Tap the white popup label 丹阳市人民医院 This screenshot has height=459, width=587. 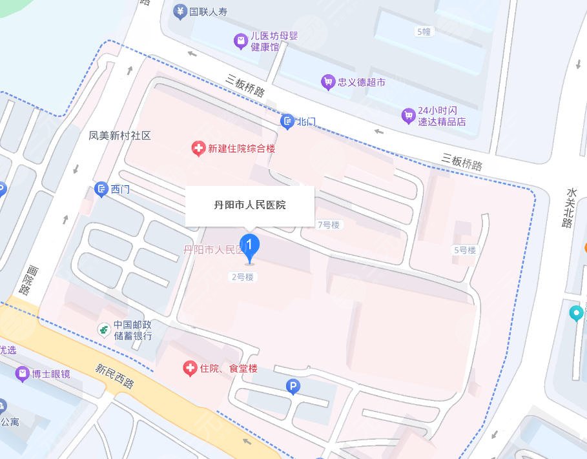coord(250,205)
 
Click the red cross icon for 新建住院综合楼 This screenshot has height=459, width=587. coord(199,149)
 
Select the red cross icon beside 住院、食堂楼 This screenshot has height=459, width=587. coord(190,369)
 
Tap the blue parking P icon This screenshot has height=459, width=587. coord(293,387)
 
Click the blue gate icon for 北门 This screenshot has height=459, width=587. coord(287,121)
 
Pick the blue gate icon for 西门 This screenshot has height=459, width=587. coord(101,189)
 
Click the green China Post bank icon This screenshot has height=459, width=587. coord(103,330)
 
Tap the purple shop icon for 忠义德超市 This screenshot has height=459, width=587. coord(328,82)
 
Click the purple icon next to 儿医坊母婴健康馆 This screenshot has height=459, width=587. coord(240,42)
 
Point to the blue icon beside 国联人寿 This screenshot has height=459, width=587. coord(180,12)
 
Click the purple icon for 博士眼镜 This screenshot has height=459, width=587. coord(23,374)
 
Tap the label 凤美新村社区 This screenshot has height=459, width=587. coord(119,136)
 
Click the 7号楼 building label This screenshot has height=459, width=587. coord(328,225)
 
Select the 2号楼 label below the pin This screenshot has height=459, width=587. coord(243,277)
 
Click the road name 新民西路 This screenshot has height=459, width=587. coord(114,376)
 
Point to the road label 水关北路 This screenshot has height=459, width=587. coord(568,208)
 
